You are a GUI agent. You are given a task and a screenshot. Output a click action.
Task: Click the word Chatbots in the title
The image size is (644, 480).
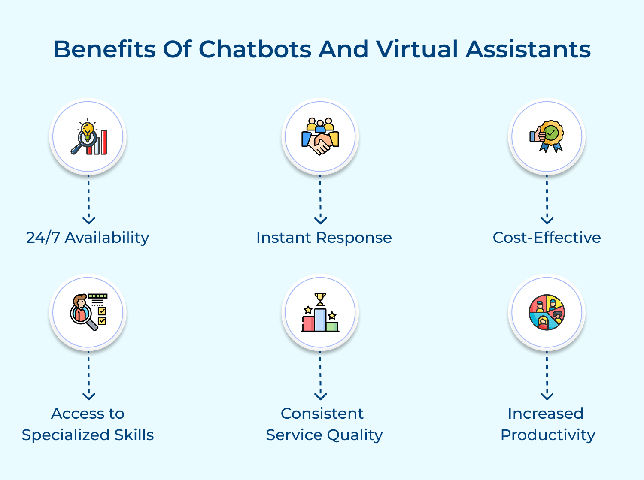click(x=255, y=49)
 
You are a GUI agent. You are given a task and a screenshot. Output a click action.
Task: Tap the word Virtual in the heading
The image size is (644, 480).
click(x=417, y=49)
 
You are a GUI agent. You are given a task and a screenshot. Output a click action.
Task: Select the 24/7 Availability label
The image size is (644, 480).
click(x=88, y=237)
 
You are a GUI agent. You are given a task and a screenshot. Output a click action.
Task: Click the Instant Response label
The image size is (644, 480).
click(x=324, y=237)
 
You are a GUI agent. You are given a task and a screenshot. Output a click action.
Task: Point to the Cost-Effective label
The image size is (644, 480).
click(x=547, y=237)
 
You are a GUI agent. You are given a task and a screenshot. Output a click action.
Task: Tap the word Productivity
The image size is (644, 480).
click(x=548, y=435)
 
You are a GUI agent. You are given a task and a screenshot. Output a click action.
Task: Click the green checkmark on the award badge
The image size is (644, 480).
click(x=552, y=133)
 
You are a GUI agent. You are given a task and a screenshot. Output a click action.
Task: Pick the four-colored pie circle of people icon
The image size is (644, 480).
click(x=547, y=312)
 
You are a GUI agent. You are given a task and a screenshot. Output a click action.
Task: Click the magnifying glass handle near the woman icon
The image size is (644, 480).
click(x=92, y=324)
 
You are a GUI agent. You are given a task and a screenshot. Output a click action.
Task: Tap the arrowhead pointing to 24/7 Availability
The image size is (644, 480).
click(x=88, y=220)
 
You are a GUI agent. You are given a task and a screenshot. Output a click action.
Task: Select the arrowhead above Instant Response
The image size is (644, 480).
click(x=320, y=220)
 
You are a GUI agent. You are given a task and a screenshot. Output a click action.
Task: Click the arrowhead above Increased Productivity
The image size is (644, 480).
click(x=547, y=396)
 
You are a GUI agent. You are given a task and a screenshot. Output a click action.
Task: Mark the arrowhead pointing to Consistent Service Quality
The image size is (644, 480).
click(x=320, y=396)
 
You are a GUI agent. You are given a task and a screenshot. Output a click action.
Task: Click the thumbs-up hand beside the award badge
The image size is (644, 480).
click(x=537, y=135)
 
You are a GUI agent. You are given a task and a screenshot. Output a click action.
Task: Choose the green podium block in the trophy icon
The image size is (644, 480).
click(x=332, y=326)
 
